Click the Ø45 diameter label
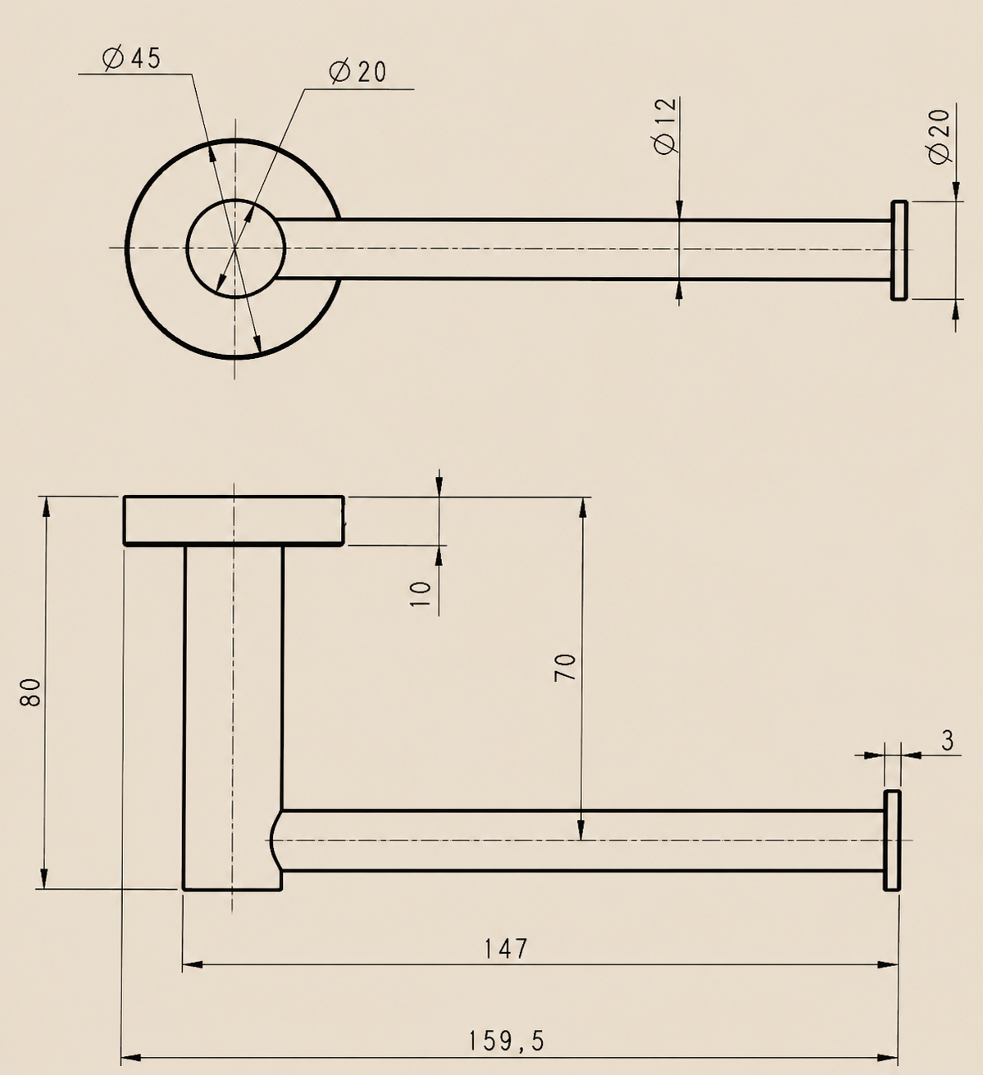pyautogui.click(x=131, y=58)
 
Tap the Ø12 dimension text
pyautogui.click(x=666, y=126)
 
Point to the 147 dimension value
pyautogui.click(x=506, y=949)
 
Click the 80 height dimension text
pyautogui.click(x=30, y=692)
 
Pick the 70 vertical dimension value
pyautogui.click(x=565, y=668)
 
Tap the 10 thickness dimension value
pyautogui.click(x=421, y=594)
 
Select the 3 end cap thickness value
pyautogui.click(x=948, y=742)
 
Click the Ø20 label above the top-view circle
pyautogui.click(x=357, y=72)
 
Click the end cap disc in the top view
pyautogui.click(x=899, y=250)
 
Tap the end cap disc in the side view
pyautogui.click(x=892, y=840)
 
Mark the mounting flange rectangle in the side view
pyautogui.click(x=234, y=520)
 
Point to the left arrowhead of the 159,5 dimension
pyautogui.click(x=131, y=1058)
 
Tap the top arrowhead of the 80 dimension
pyautogui.click(x=46, y=507)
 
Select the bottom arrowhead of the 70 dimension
pyautogui.click(x=582, y=829)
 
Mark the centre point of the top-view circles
pyautogui.click(x=235, y=247)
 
